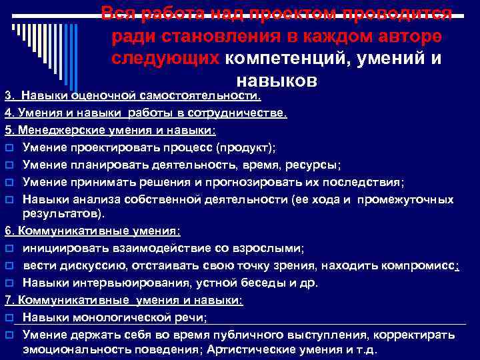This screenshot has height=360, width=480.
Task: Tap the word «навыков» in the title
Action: point(276,80)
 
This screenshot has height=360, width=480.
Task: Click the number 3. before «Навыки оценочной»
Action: point(9,97)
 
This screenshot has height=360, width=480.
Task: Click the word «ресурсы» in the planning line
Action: point(315,165)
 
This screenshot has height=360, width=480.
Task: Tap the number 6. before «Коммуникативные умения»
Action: point(8,231)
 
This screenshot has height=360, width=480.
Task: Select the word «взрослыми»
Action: point(268,248)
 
